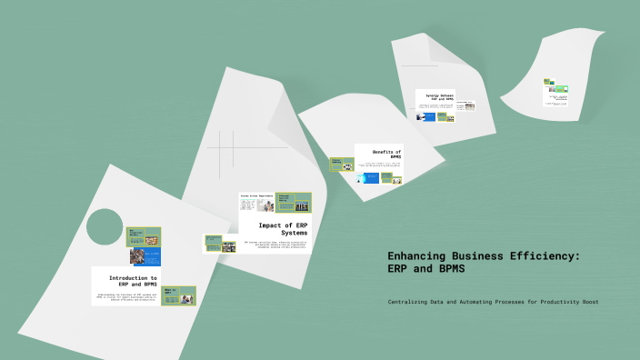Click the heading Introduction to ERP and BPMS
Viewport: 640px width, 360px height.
133,281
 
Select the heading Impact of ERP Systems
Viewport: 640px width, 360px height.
283,228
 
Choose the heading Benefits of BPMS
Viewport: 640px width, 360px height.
386,154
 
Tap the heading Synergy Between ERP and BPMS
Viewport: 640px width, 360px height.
434,96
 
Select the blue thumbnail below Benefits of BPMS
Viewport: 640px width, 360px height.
368,177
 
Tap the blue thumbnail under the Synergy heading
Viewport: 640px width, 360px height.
425,116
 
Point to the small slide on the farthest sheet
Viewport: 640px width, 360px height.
555,92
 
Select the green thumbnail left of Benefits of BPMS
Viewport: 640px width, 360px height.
342,165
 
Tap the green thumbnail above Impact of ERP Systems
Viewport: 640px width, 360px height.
294,202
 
